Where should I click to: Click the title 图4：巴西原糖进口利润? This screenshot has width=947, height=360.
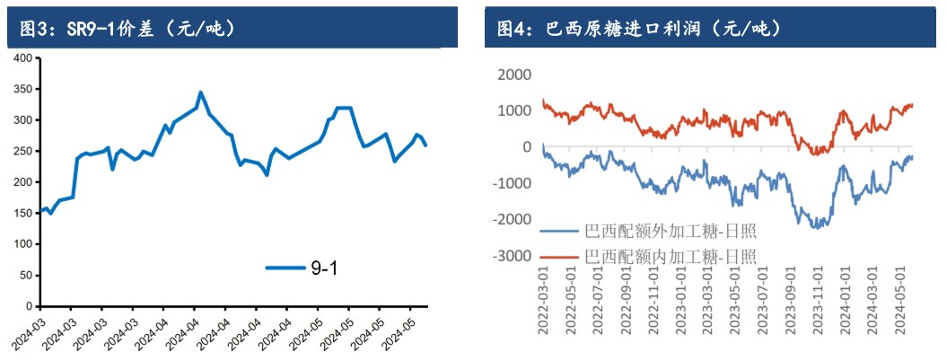639,29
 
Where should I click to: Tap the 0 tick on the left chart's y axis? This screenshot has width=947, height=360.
30,306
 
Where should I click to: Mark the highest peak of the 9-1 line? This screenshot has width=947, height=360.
200,92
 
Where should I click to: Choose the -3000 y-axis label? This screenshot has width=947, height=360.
511,257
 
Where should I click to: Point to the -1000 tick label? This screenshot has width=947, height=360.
511,184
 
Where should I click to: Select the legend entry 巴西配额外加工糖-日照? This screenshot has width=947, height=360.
670,232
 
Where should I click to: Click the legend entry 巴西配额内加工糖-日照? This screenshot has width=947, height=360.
670,257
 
